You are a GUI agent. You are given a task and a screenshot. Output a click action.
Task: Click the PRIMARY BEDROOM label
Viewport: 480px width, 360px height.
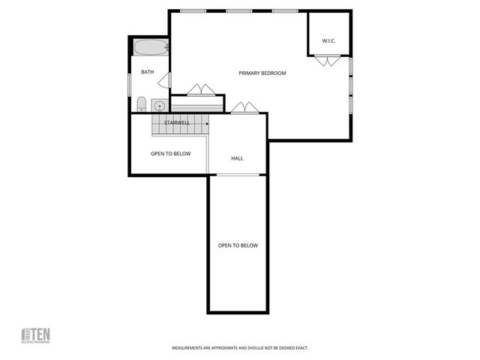coord(262,73)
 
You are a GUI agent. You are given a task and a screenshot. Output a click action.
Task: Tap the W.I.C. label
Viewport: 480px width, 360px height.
coord(328,40)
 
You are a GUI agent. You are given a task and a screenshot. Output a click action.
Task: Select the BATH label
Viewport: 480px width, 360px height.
coord(147,72)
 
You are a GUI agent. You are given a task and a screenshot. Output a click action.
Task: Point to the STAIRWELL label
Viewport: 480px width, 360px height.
coord(176,121)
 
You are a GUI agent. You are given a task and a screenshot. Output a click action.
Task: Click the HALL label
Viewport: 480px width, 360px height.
coord(237,158)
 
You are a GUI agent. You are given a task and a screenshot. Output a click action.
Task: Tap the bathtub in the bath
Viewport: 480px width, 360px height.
coord(151,48)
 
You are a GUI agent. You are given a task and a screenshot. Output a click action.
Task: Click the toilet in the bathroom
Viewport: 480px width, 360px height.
coord(141,103)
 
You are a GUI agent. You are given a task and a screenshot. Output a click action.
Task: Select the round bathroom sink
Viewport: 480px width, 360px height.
coord(160,104)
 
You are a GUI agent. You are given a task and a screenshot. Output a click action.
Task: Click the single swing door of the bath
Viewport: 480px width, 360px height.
coord(166,81)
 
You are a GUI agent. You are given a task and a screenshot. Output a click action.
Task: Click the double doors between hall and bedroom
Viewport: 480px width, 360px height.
coord(240,108)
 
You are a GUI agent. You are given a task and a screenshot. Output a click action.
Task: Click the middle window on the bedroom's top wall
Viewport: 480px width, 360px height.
coord(238,10)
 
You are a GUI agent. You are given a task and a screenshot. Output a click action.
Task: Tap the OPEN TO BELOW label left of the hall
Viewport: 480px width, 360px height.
coord(170,154)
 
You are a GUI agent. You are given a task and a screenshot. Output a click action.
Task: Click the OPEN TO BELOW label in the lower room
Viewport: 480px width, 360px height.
coord(238,245)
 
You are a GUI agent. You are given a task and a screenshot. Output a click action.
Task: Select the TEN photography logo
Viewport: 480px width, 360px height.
coord(35,335)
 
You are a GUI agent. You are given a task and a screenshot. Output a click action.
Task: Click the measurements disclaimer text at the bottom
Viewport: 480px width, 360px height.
coord(240,348)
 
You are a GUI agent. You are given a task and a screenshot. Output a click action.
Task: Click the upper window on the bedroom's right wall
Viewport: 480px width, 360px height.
coord(351,66)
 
